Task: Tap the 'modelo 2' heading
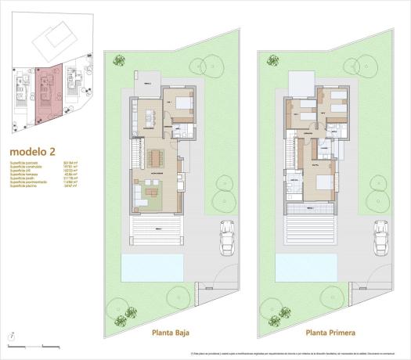31,152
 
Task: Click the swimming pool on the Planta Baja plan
153,270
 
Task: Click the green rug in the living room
149,193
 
